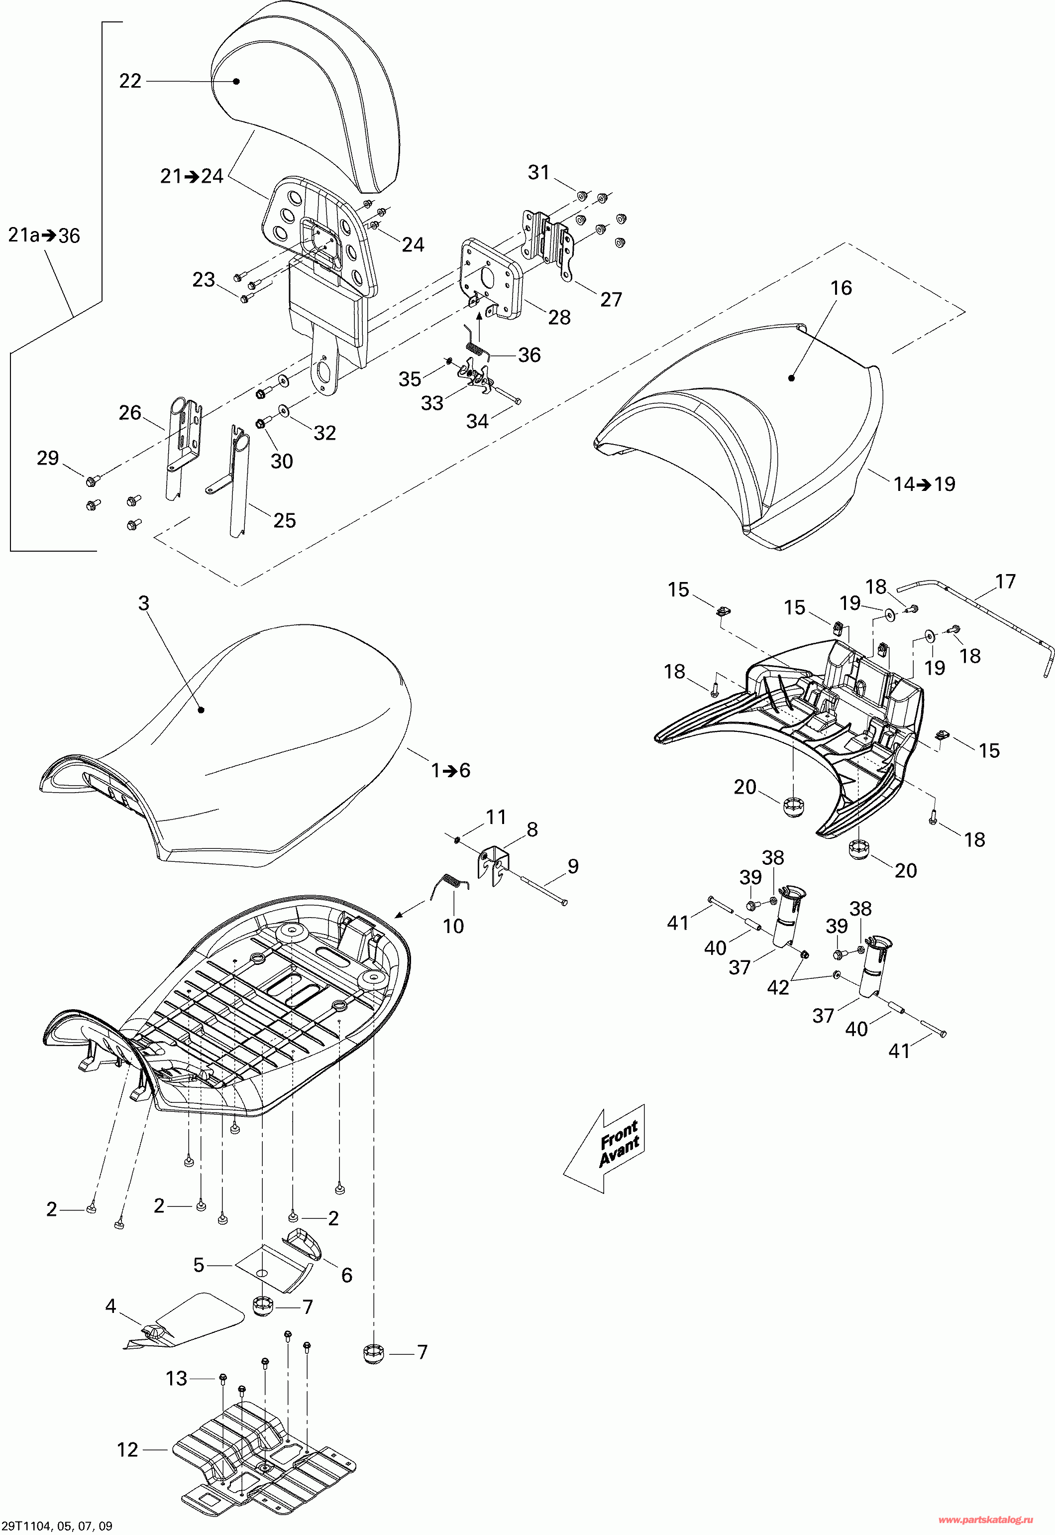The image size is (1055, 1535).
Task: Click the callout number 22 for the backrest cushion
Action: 130,81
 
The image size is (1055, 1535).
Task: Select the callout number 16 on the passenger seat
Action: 842,288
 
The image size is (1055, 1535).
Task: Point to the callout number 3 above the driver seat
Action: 143,602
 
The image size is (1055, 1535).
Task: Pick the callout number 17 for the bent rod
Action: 1005,582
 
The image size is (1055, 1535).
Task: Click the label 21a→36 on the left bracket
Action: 44,236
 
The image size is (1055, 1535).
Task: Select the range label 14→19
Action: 924,483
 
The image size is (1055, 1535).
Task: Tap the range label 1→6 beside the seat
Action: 451,770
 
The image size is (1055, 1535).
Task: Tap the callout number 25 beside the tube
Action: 284,520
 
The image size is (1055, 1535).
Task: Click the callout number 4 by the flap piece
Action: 110,1305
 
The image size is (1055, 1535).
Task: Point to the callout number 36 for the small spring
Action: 529,355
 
